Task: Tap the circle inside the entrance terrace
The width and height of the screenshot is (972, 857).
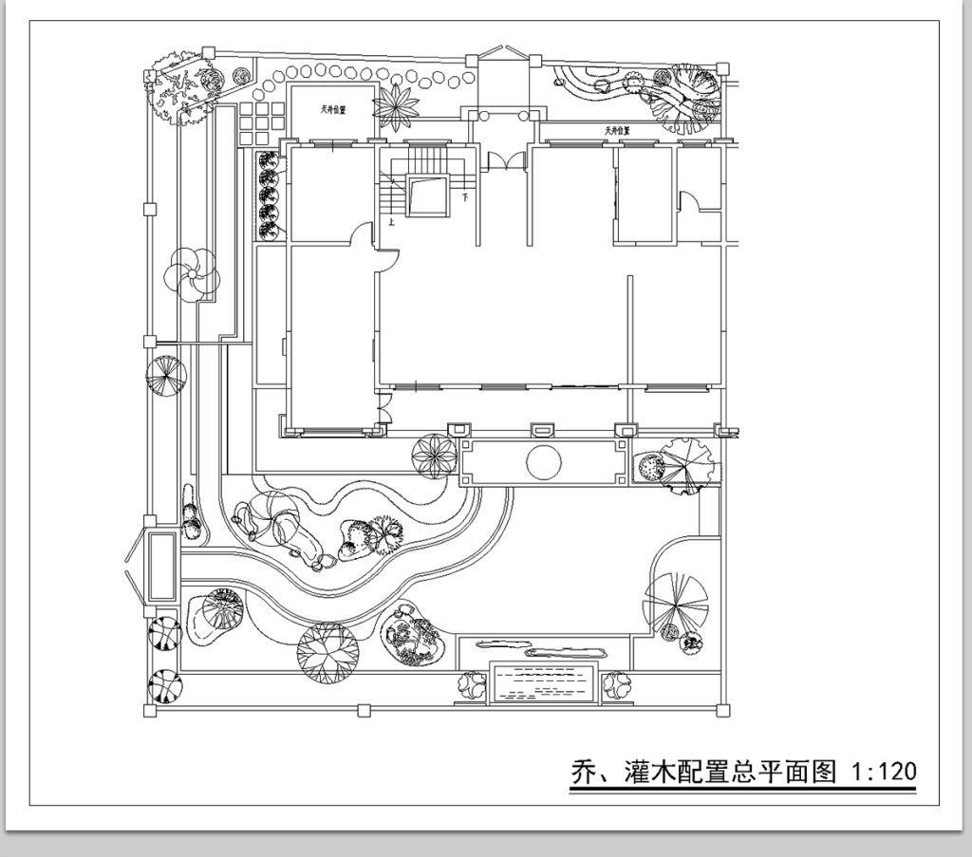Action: (x=544, y=462)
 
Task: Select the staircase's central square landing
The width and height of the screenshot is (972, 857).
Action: (x=426, y=195)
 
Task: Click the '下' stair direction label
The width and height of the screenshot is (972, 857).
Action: (x=465, y=199)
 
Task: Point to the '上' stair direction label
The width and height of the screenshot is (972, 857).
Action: (x=390, y=224)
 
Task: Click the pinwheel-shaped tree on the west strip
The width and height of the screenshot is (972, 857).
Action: (x=192, y=274)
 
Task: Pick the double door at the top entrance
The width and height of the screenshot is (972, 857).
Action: (x=503, y=160)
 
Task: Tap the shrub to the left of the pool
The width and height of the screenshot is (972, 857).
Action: (x=472, y=684)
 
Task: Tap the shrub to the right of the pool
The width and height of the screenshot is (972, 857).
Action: (x=617, y=684)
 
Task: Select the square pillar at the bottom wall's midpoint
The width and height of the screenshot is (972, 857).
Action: (x=363, y=709)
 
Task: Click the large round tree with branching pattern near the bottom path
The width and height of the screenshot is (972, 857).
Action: (x=326, y=652)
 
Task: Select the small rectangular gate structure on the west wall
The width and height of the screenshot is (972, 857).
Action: (x=160, y=566)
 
